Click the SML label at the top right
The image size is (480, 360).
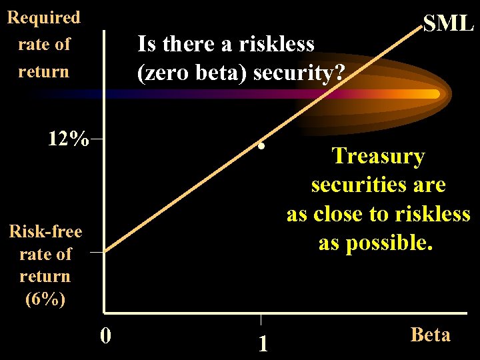[449, 24]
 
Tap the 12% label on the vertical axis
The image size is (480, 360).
[68, 139]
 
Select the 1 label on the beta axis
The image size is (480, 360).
[263, 343]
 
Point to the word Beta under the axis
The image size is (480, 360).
[430, 334]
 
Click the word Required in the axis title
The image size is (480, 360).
[43, 17]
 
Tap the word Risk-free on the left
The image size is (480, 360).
[45, 231]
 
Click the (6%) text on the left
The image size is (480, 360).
[45, 299]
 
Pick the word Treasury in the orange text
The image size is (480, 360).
[378, 156]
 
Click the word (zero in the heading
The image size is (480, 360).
[163, 71]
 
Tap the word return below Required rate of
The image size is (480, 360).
[43, 71]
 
